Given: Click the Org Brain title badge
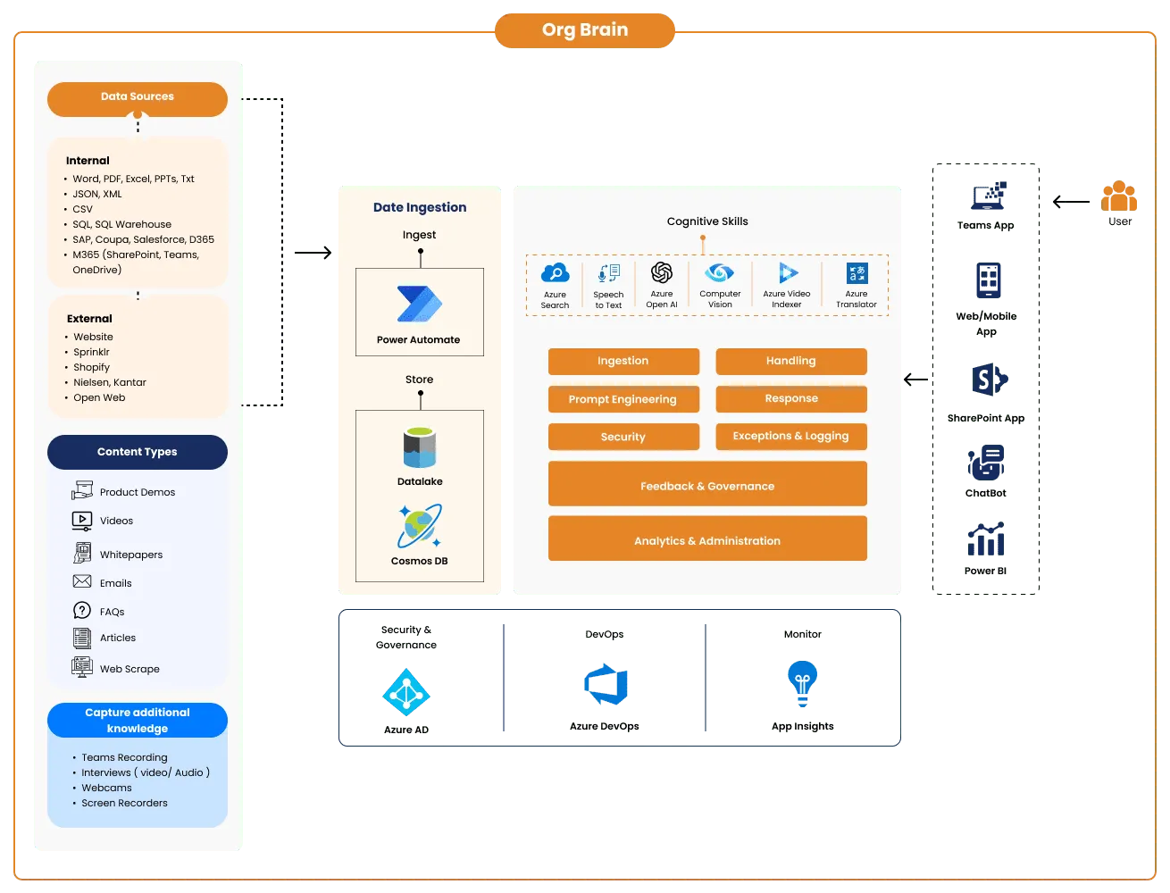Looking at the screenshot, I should tap(585, 30).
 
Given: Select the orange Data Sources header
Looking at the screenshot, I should tap(138, 97).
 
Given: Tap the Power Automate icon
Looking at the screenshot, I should tap(419, 304).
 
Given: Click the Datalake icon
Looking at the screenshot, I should tap(420, 448).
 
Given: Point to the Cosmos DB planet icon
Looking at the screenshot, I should tap(419, 526).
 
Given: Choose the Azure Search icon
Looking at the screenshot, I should tap(555, 273).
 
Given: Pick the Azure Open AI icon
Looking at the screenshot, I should tap(662, 272).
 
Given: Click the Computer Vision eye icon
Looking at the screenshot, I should tap(720, 272).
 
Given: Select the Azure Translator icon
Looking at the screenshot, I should tap(857, 273).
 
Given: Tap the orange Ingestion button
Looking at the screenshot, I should tap(623, 361).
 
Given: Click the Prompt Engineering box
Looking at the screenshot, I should tap(623, 399).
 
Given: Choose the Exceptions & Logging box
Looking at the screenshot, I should tap(791, 436).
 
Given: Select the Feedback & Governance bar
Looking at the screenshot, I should tap(707, 486).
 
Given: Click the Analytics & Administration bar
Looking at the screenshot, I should tap(707, 540).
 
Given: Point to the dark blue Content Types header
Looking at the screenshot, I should tap(138, 452).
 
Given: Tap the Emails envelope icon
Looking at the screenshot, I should tap(82, 581).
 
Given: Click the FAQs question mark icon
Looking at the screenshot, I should tap(82, 611).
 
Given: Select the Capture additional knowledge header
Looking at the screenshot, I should tap(138, 720).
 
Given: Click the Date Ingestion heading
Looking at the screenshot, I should tap(420, 207).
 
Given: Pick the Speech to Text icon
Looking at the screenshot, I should tap(608, 273).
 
